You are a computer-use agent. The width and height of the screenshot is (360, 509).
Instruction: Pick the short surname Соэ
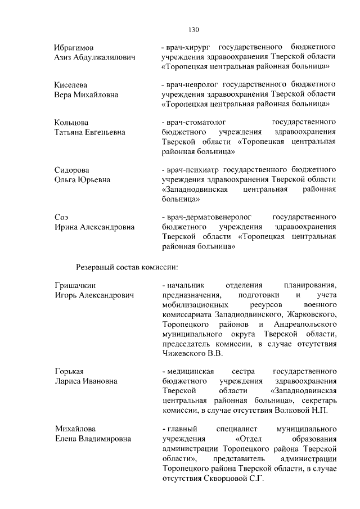[61, 217]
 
